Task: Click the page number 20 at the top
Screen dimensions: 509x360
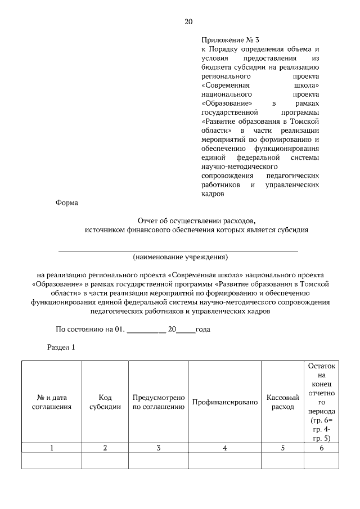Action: (188, 22)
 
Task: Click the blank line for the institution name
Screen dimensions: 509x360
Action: (179, 248)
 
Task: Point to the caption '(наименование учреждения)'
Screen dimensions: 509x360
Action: (180, 257)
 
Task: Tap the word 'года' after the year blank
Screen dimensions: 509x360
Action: (202, 329)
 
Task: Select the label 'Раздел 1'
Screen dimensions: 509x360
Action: (60, 348)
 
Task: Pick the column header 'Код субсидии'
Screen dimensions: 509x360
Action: (105, 402)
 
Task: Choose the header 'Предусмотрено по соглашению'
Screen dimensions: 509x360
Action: (159, 402)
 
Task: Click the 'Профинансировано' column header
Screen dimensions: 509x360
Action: (224, 402)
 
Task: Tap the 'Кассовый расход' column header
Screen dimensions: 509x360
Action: (282, 402)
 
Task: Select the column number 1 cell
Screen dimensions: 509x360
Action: (52, 448)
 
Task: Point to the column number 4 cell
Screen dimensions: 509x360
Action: (224, 448)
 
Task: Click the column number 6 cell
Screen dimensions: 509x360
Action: (321, 448)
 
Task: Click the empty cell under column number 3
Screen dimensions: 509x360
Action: (159, 461)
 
